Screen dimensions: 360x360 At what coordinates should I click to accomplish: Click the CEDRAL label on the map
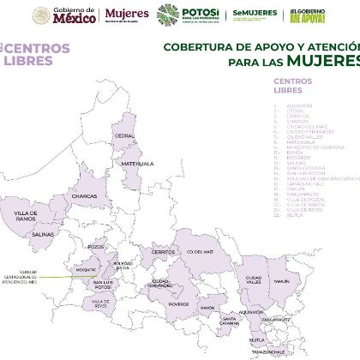pyautogui.click(x=125, y=135)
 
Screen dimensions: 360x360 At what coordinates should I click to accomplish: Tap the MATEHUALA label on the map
pyautogui.click(x=136, y=162)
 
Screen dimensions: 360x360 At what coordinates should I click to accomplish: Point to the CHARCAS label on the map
pyautogui.click(x=85, y=195)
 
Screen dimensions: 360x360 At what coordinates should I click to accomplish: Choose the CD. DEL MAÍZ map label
pyautogui.click(x=199, y=252)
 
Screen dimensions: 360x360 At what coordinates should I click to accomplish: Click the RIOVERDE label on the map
pyautogui.click(x=179, y=303)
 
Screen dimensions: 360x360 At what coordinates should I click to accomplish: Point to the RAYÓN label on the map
pyautogui.click(x=207, y=308)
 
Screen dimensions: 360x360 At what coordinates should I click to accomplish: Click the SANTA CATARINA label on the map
pyautogui.click(x=229, y=322)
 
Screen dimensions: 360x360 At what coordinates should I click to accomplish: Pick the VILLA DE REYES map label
pyautogui.click(x=100, y=303)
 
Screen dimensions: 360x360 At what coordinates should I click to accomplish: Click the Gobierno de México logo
pyautogui.click(x=64, y=15)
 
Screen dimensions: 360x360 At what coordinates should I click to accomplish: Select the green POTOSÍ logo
pyautogui.click(x=193, y=15)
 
